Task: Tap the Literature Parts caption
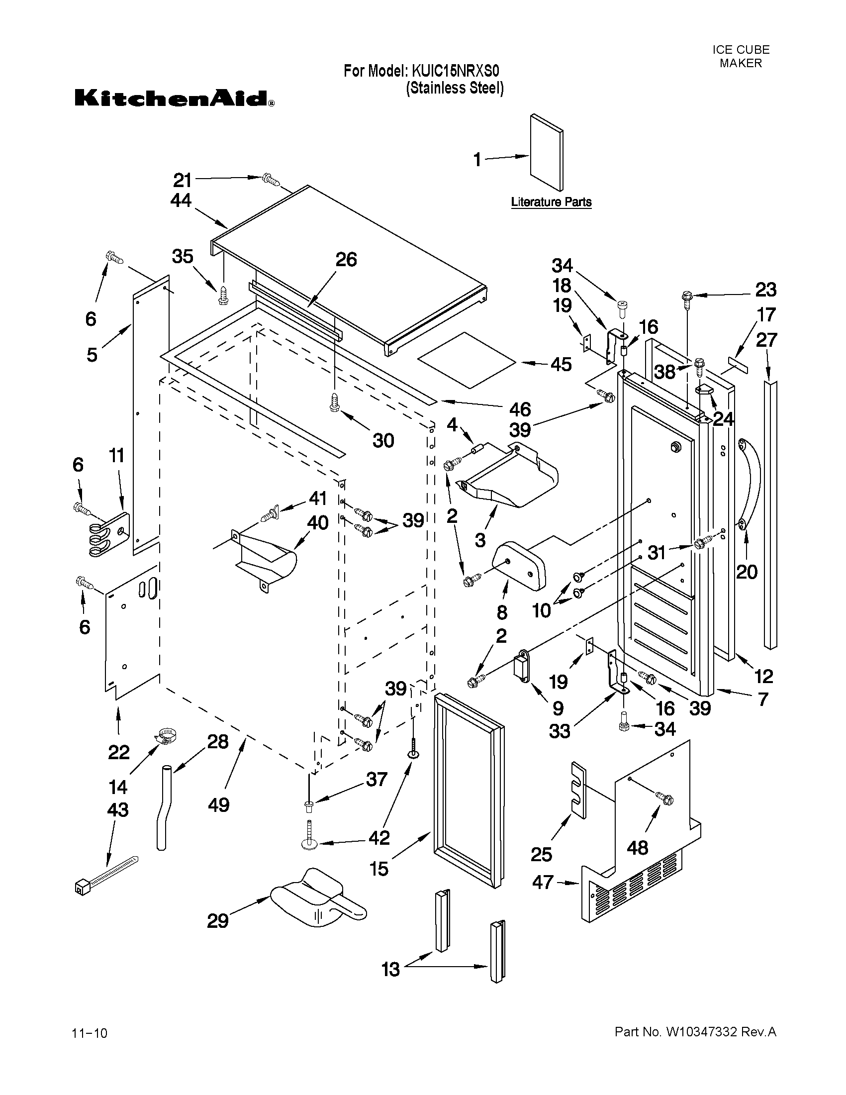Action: tap(551, 202)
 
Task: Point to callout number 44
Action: tap(181, 200)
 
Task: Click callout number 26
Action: tap(346, 260)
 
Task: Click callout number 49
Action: tap(219, 805)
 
